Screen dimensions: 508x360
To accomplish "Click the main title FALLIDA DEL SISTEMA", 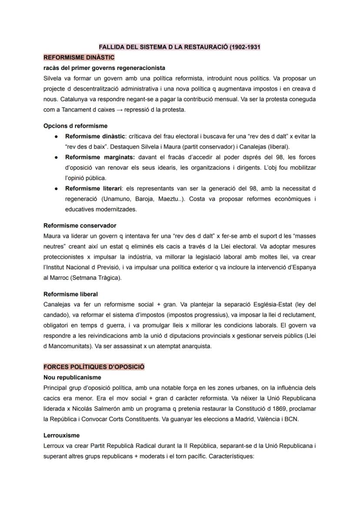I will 179,46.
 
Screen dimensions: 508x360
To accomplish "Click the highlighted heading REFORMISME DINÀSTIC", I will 79,57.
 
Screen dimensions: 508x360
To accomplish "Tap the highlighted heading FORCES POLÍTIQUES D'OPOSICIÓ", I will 94,367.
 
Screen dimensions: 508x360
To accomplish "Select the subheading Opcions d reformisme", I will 75,126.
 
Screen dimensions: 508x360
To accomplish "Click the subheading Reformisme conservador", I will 80,226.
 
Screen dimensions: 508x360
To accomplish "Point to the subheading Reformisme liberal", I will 70,294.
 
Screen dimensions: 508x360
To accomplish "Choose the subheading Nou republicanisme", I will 72,377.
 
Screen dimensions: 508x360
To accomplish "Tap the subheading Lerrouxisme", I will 61,435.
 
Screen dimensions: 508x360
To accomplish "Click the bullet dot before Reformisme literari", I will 57,189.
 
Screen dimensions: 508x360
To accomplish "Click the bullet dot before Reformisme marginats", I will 57,157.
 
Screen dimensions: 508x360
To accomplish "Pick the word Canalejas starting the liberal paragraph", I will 57,304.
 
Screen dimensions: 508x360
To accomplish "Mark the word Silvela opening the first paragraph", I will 53,78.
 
